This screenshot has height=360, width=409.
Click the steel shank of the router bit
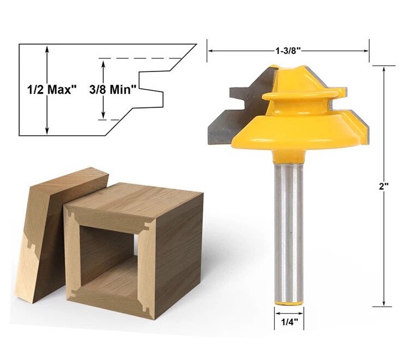(287, 229)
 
